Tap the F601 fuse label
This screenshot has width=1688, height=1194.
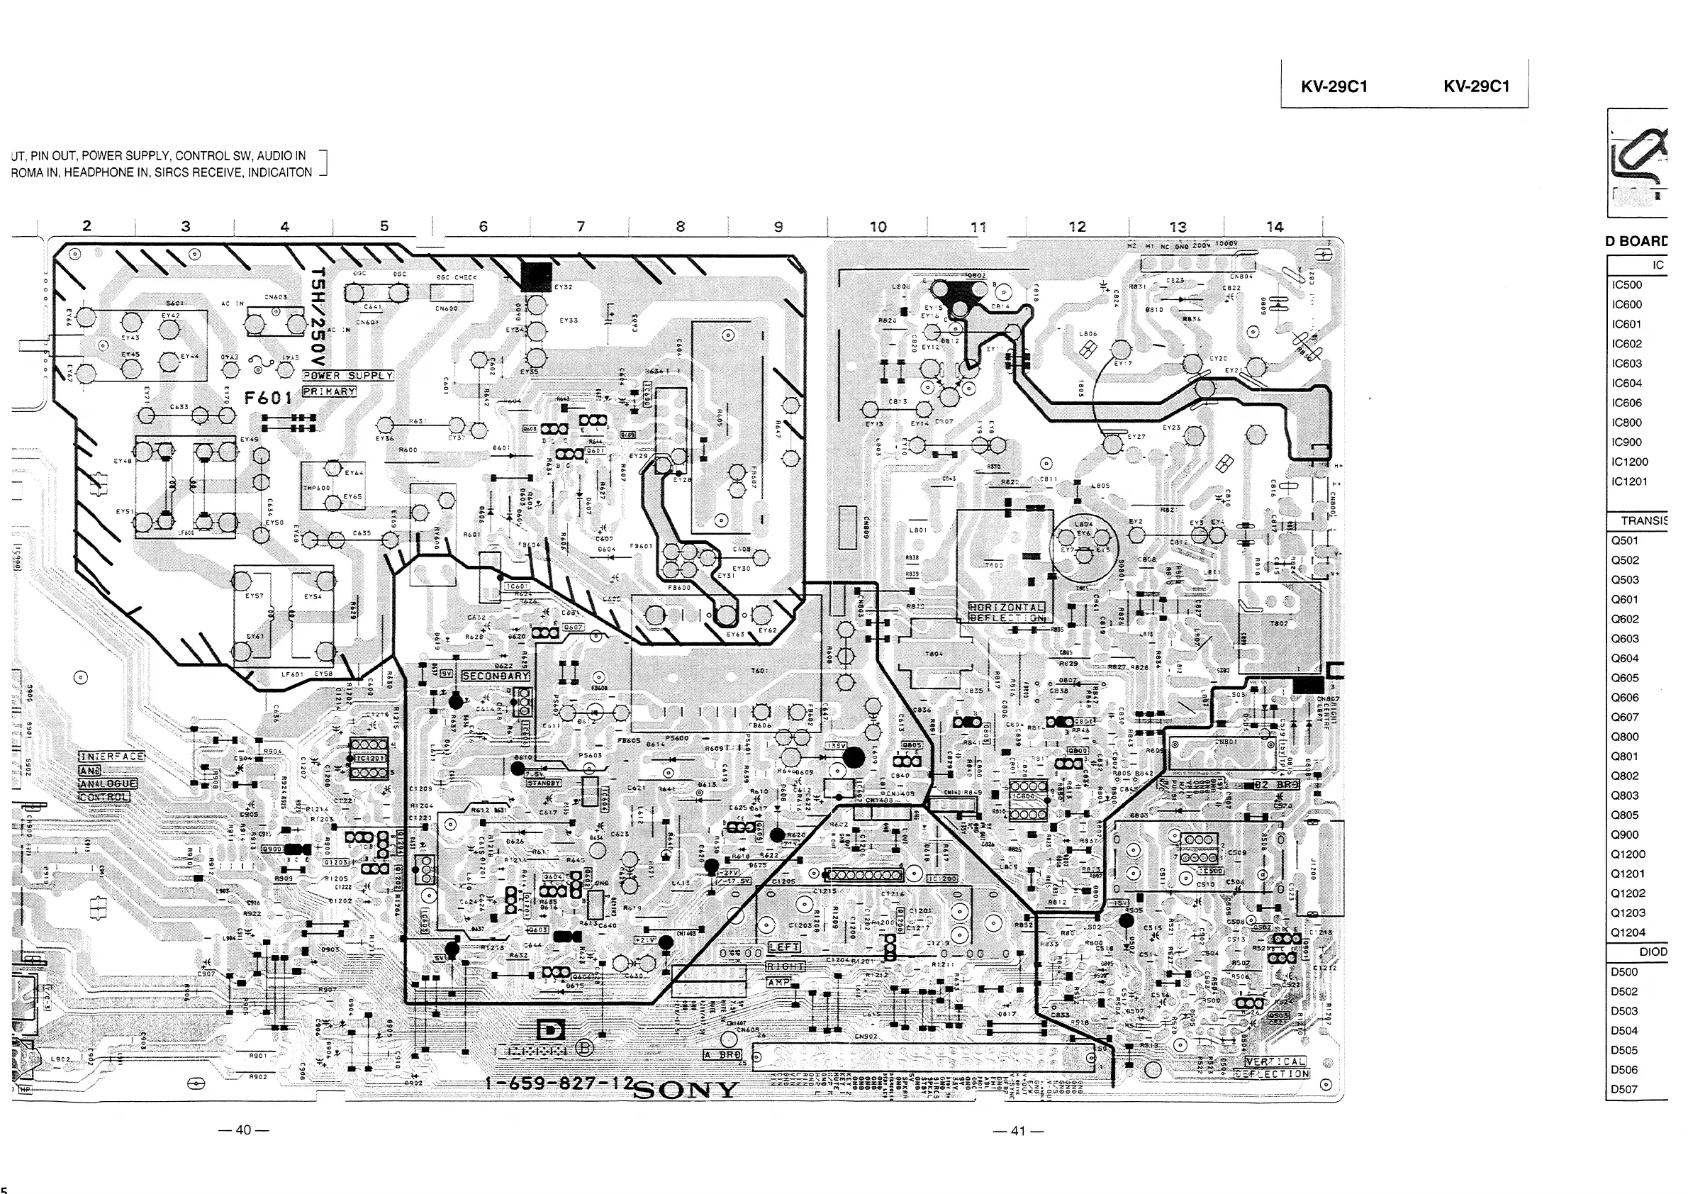pos(267,398)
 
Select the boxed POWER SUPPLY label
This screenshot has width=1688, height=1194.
pos(349,376)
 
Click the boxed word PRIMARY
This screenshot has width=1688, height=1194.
pos(330,392)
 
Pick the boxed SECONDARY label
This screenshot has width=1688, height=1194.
pos(496,676)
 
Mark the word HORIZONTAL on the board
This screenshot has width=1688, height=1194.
pos(1007,608)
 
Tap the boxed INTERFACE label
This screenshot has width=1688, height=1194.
pos(112,757)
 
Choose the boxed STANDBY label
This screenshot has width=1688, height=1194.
pos(543,783)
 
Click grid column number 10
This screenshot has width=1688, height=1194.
pos(878,226)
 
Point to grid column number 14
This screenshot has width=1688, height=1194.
pos(1274,226)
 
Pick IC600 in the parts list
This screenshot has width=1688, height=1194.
pos(1626,304)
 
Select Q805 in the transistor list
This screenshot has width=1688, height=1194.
pos(1625,815)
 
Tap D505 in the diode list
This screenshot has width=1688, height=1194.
pos(1624,1050)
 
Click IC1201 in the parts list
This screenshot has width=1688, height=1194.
pos(1629,481)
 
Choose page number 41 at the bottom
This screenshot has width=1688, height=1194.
pos(1017,1131)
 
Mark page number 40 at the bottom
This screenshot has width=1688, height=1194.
pos(243,1129)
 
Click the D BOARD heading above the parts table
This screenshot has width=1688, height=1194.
pos(1636,241)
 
